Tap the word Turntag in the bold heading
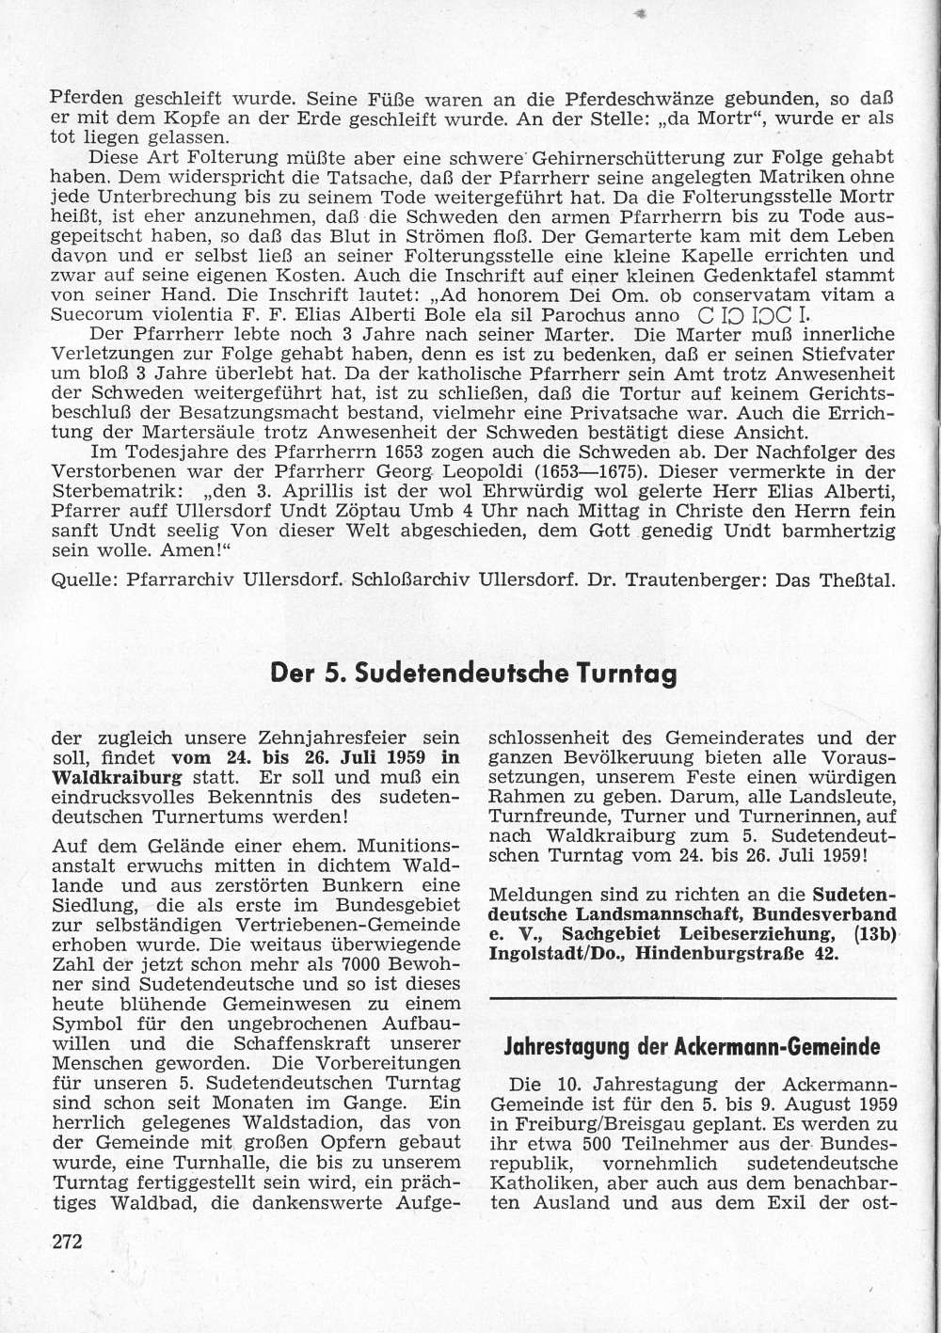[x=630, y=674]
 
